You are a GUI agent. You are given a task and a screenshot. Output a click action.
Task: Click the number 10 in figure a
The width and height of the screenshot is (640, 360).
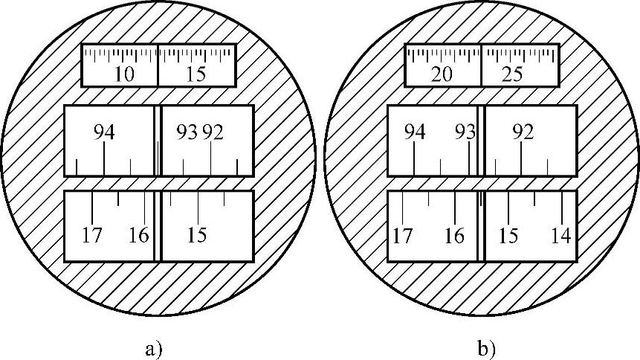click(x=125, y=75)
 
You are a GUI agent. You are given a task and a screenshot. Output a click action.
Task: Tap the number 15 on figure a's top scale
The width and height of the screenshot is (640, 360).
click(x=196, y=75)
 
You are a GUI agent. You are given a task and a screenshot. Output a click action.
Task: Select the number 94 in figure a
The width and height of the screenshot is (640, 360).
click(x=104, y=132)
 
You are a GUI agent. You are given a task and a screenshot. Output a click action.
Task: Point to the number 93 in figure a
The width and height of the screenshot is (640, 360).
click(x=187, y=132)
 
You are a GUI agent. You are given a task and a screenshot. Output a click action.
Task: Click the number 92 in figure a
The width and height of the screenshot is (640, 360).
click(x=212, y=132)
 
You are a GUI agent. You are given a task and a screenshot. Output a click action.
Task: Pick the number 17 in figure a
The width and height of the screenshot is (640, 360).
click(x=92, y=236)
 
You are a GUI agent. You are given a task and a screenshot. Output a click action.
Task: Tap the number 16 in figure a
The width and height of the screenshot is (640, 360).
click(x=138, y=236)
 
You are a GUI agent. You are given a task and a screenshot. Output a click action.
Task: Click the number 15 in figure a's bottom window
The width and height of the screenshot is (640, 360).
click(x=197, y=236)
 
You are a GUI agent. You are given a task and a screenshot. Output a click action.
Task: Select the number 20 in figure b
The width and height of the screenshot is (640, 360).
click(x=442, y=75)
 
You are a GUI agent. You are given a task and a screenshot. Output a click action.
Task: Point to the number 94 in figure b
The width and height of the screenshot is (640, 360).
click(x=415, y=132)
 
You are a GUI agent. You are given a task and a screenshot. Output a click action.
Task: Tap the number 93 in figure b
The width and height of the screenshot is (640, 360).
click(x=465, y=132)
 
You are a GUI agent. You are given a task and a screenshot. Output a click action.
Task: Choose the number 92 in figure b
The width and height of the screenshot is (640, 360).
click(x=523, y=132)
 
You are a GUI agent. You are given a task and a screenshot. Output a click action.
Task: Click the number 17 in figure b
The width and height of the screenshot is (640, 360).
click(x=402, y=236)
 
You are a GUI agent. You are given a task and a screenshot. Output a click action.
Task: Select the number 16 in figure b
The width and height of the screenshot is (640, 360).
click(x=454, y=236)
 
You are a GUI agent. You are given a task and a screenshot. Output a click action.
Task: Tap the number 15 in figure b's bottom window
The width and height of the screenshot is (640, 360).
click(x=508, y=236)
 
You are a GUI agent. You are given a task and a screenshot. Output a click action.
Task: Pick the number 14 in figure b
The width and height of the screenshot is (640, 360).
click(x=560, y=236)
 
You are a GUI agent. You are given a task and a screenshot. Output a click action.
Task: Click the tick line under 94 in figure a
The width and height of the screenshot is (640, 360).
click(x=104, y=158)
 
